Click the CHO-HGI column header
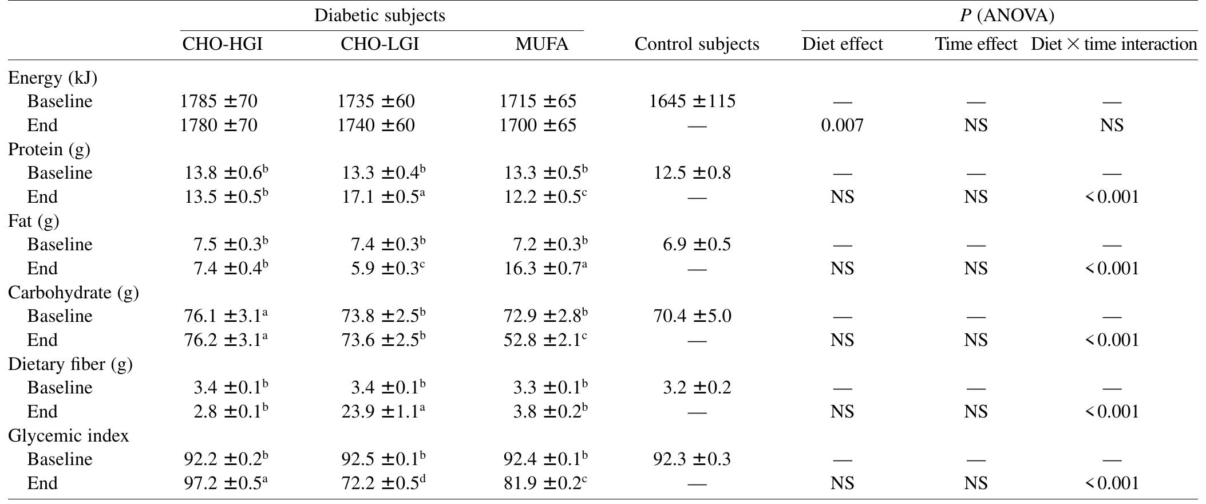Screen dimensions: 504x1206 click(x=222, y=44)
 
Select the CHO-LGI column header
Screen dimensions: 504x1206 click(x=379, y=44)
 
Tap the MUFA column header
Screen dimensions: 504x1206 click(x=541, y=44)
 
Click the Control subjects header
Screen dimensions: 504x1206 click(x=697, y=44)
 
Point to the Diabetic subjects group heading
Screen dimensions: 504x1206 click(x=379, y=15)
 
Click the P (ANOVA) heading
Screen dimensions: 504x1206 click(x=1007, y=15)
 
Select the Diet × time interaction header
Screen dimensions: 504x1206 click(x=1113, y=44)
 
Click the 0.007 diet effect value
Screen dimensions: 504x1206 click(x=842, y=125)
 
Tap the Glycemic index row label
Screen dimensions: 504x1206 click(x=68, y=436)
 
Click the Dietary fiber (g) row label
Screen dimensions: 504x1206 click(x=70, y=364)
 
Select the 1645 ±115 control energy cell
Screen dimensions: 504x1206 click(x=692, y=101)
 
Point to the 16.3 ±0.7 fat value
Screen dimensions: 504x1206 click(x=543, y=268)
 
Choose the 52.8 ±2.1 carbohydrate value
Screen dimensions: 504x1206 click(x=543, y=340)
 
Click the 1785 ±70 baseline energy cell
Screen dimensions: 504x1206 click(x=219, y=101)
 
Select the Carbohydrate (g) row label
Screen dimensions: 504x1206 click(x=73, y=293)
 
